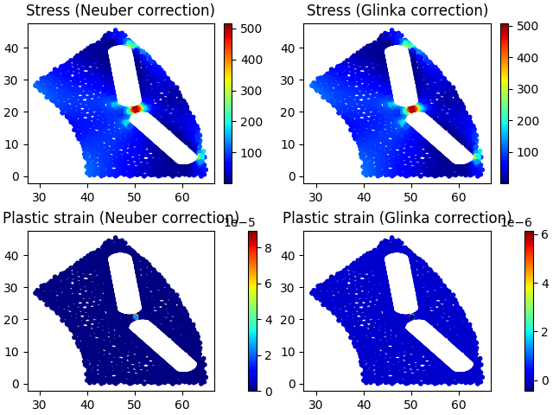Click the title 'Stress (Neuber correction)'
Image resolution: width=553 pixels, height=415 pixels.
coord(120,11)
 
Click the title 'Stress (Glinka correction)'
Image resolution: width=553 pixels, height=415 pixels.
coord(397,11)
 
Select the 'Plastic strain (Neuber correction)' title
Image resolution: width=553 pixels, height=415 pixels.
coord(120,218)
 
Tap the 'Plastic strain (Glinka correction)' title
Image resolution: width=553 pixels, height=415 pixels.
coord(397,218)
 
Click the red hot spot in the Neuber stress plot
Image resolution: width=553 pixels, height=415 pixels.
coord(135,109)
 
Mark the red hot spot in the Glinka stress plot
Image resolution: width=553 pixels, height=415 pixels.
coord(412,109)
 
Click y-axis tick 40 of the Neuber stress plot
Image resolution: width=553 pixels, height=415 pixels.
coord(16,48)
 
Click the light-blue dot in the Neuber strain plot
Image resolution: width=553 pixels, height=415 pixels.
coord(136,316)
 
